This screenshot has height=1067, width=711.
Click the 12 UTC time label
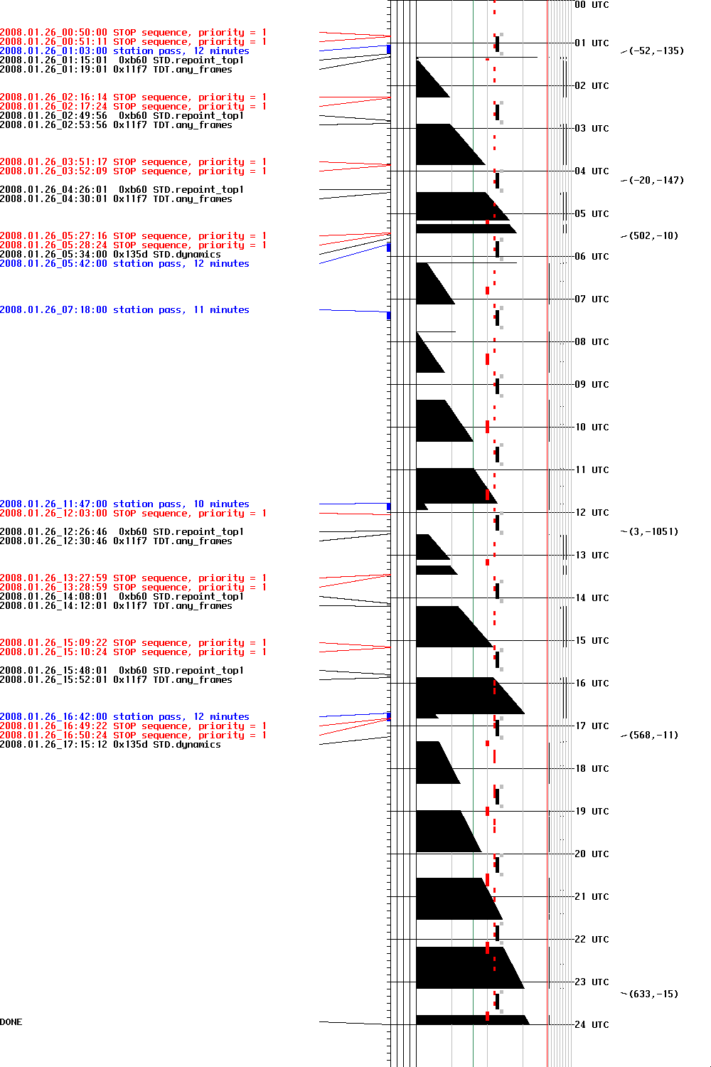point(592,512)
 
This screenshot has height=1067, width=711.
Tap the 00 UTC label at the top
point(592,5)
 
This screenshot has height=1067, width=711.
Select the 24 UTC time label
point(592,1024)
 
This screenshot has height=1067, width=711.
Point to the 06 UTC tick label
point(592,256)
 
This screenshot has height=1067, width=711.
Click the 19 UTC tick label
point(592,811)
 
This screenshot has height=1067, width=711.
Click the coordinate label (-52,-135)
point(656,51)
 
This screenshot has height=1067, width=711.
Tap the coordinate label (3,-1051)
point(653,531)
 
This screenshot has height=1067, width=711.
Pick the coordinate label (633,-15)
point(653,994)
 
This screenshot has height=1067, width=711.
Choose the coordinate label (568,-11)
point(653,735)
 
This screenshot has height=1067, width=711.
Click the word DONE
point(11,1022)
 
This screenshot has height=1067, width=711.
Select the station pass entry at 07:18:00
point(124,310)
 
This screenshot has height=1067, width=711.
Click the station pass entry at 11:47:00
point(124,504)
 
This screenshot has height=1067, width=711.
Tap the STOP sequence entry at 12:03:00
point(133,514)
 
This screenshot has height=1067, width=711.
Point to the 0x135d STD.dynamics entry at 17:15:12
point(110,745)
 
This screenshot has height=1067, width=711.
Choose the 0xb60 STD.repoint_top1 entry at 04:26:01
point(122,190)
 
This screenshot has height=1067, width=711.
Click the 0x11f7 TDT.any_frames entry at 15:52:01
point(116,680)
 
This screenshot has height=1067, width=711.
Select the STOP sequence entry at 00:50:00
point(133,33)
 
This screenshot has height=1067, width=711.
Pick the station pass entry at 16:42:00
point(124,716)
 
